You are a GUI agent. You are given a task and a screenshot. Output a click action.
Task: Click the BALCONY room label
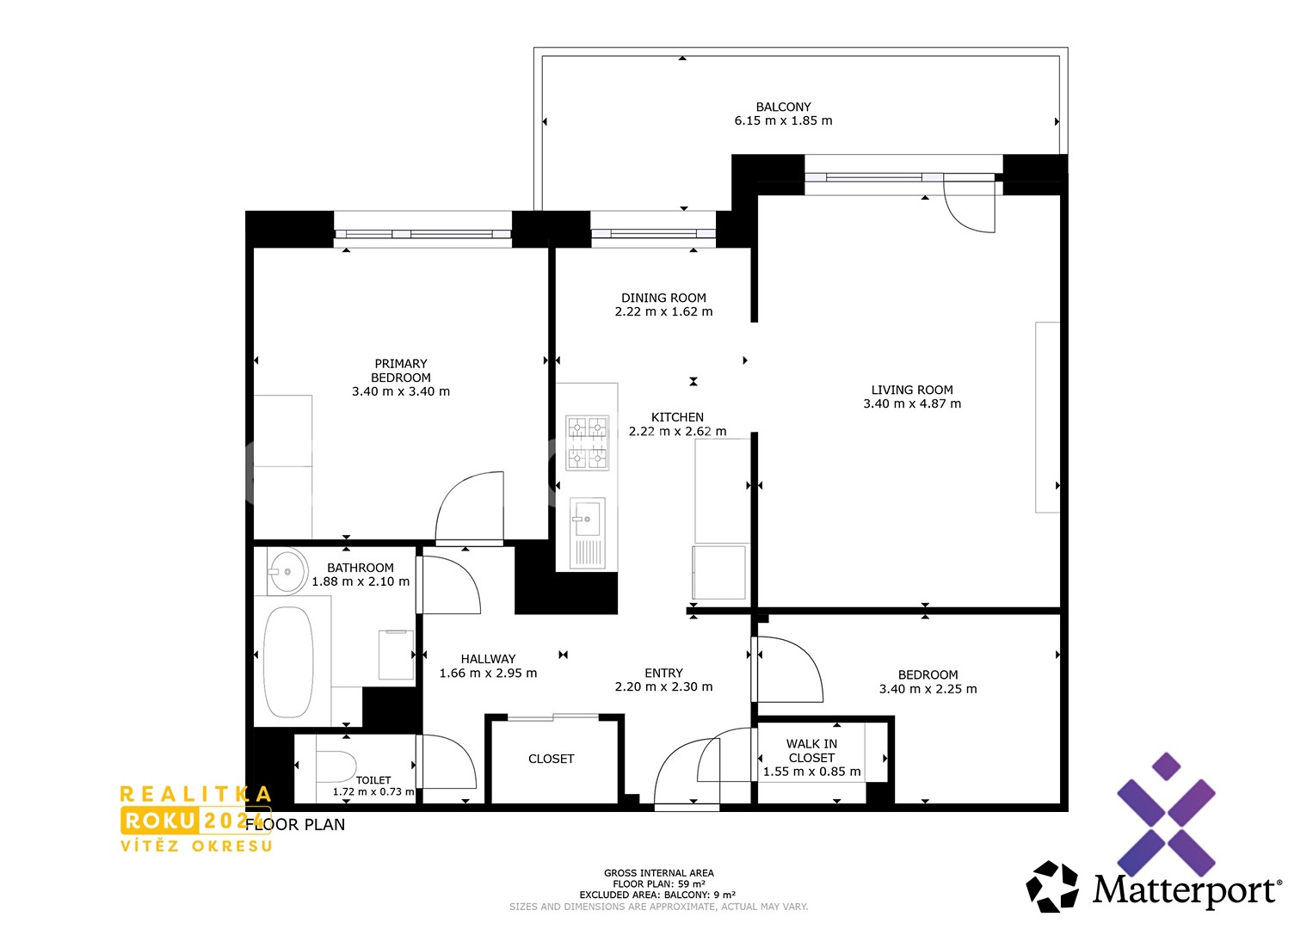[783, 108]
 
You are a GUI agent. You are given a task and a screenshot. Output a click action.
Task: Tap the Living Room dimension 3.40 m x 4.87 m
[912, 403]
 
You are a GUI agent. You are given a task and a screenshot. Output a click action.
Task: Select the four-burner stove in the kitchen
[588, 443]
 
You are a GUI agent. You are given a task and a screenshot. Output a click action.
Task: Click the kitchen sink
[588, 534]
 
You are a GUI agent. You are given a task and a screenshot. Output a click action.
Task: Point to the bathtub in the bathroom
[287, 661]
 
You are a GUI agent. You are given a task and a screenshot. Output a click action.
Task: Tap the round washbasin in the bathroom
[287, 571]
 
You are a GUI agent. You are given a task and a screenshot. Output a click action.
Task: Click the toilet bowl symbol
[336, 766]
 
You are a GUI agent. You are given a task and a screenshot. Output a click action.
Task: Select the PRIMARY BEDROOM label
[401, 371]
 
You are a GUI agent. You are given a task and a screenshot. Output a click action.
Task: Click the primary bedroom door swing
[470, 507]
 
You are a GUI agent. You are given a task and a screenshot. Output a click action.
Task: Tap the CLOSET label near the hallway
[551, 759]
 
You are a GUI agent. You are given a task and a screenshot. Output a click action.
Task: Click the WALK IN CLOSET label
[812, 751]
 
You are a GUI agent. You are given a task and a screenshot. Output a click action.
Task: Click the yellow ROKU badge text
[159, 821]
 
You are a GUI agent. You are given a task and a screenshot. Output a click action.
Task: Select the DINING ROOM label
[663, 298]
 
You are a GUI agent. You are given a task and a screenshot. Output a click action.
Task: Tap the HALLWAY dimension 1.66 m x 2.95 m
[488, 674]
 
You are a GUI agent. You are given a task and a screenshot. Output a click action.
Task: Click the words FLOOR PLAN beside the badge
[295, 825]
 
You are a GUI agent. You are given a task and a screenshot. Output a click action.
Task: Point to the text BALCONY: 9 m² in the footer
[700, 895]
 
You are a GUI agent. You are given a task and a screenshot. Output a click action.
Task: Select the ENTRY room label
[663, 673]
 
